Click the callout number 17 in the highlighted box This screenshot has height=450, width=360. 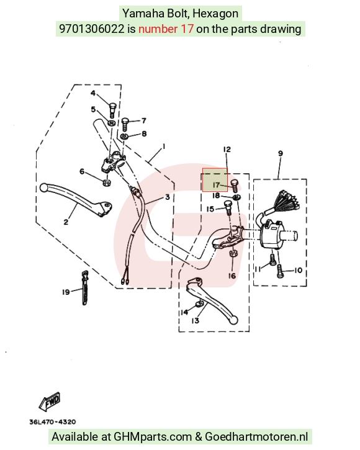[x=216, y=185]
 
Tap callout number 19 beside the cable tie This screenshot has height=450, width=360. [x=66, y=292]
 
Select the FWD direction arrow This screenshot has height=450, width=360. [x=50, y=400]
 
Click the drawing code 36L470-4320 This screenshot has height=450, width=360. [x=53, y=422]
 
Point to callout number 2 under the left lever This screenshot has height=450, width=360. [x=66, y=222]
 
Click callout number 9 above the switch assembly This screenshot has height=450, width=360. [x=281, y=153]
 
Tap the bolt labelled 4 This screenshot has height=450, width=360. [x=112, y=110]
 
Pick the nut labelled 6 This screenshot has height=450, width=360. [x=107, y=182]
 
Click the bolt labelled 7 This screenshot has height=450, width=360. [x=125, y=125]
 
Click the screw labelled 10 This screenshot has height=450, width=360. [x=280, y=271]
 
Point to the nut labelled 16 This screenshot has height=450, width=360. [x=232, y=254]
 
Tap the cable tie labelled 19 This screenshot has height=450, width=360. [x=85, y=287]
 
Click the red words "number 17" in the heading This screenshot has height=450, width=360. [x=166, y=29]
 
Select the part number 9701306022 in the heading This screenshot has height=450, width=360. [x=92, y=29]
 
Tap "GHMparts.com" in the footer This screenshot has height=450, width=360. [x=153, y=437]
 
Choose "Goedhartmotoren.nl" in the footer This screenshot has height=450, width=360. [x=256, y=437]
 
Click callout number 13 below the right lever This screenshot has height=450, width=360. [x=196, y=320]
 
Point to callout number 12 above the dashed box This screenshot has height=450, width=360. [x=227, y=149]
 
